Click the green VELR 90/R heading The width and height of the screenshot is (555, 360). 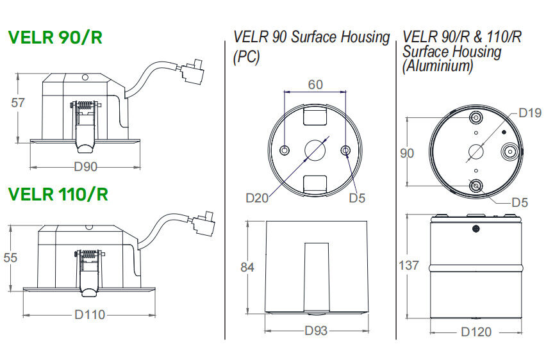[x=55, y=38]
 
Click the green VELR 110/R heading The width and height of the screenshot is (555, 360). [x=58, y=193]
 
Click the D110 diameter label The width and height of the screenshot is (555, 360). [x=89, y=315]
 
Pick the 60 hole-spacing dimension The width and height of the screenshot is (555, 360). [x=315, y=85]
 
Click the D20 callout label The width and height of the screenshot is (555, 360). [x=258, y=198]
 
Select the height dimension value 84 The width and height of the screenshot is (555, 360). [x=247, y=267]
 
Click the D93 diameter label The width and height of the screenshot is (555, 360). [x=317, y=331]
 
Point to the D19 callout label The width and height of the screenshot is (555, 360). [x=530, y=114]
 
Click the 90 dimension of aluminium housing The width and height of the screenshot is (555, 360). [x=406, y=154]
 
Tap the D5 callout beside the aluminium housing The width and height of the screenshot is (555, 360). [x=520, y=202]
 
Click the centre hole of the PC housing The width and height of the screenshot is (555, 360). [x=315, y=151]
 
